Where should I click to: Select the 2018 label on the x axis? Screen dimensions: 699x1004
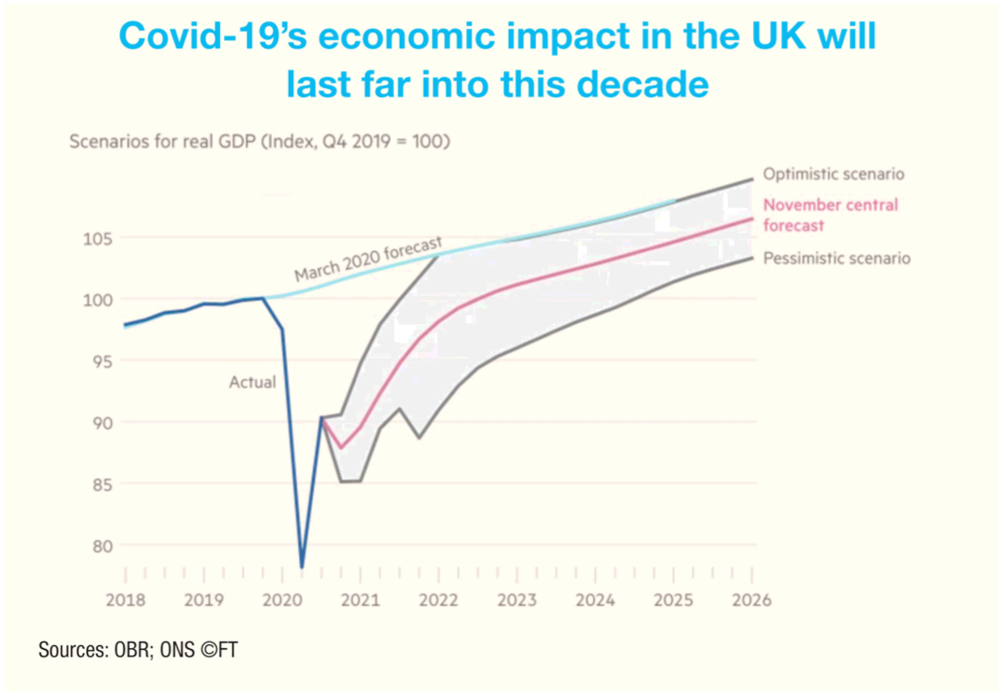click(x=125, y=599)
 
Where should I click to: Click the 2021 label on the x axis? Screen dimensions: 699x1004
click(x=360, y=599)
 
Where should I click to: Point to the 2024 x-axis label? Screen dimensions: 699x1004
click(x=595, y=599)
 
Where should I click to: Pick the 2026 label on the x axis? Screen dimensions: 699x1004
click(x=751, y=599)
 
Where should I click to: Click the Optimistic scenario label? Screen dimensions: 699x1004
click(x=833, y=174)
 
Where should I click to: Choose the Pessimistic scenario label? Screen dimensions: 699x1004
click(x=836, y=258)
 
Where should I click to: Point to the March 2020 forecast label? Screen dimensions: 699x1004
click(x=368, y=259)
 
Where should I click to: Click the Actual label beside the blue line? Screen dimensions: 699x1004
click(x=253, y=381)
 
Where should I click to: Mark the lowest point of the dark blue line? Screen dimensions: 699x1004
click(x=302, y=567)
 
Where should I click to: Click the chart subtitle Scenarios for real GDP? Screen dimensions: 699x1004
click(x=260, y=143)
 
